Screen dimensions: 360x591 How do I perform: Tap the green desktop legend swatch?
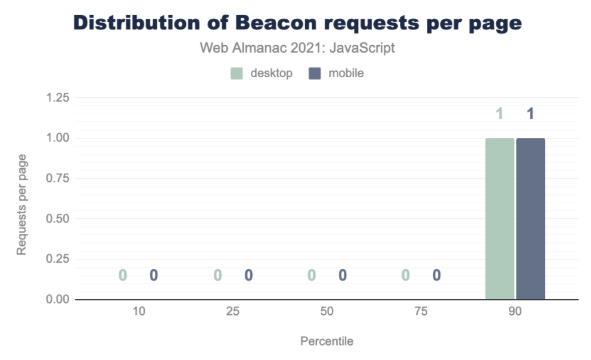coord(237,73)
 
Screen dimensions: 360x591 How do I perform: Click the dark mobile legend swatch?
coord(316,73)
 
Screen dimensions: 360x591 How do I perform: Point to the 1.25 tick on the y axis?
coord(57,98)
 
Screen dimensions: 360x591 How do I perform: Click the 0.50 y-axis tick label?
coord(57,219)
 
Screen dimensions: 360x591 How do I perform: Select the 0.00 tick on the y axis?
coord(57,300)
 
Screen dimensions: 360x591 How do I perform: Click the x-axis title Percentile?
coord(327,342)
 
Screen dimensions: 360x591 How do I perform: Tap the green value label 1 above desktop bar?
coord(500,114)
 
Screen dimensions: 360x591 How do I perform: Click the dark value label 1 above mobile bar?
coord(531,114)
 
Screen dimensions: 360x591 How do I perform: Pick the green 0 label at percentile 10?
coord(123,275)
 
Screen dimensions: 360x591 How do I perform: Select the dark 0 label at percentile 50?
coord(343,275)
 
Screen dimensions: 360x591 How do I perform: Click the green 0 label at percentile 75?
coord(406,275)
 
